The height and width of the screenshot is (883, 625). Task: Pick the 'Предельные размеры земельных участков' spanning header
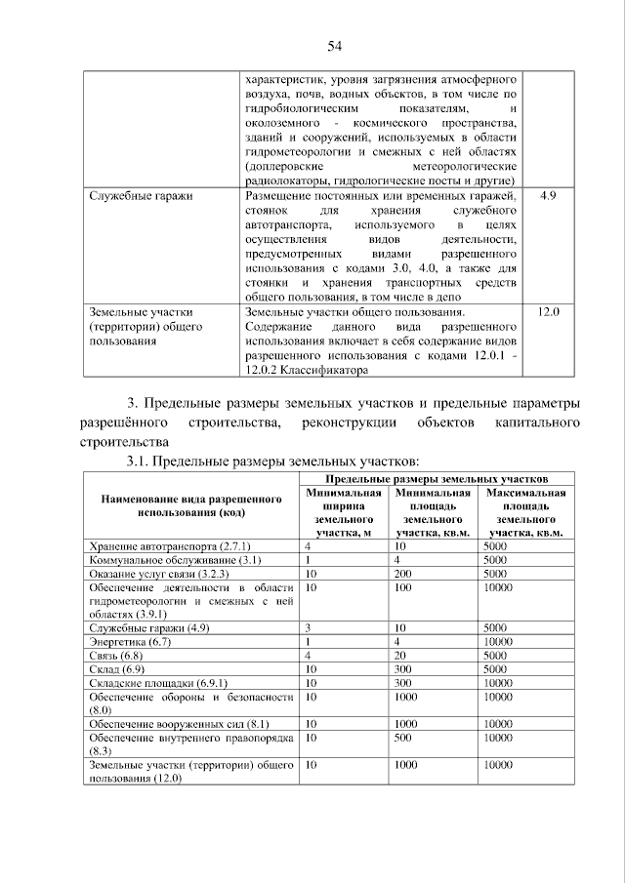point(437,479)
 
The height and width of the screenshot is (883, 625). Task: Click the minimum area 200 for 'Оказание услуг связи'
point(404,574)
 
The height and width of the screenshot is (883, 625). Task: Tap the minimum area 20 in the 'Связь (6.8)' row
point(400,657)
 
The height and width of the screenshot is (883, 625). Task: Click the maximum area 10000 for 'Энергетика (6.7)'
point(498,643)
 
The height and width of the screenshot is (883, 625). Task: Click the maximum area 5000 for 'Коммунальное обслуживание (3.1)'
point(495,560)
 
